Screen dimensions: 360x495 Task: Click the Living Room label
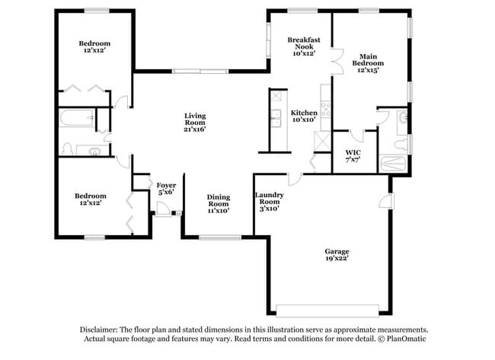point(195,123)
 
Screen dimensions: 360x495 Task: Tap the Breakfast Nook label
point(303,46)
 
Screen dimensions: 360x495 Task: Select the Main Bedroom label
point(369,62)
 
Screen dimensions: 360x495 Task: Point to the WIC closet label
point(353,157)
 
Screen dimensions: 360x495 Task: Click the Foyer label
point(167,189)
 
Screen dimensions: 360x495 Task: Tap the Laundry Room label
point(269,200)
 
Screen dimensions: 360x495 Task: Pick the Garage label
point(337,256)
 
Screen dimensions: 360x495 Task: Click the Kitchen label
point(304,116)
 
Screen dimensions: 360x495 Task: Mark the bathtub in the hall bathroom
point(77,119)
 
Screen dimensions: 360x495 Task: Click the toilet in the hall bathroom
point(67,148)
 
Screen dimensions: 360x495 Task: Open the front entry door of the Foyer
point(162,214)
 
